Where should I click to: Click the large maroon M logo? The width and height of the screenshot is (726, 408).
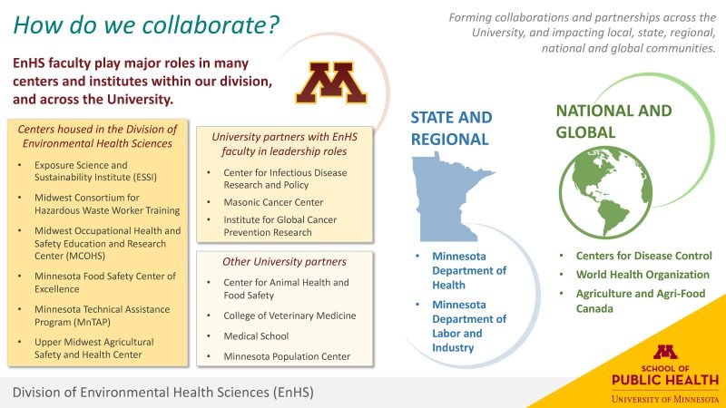pyautogui.click(x=331, y=83)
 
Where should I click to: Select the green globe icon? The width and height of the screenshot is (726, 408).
pyautogui.click(x=605, y=192)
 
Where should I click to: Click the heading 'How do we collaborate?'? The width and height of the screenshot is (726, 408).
pyautogui.click(x=146, y=25)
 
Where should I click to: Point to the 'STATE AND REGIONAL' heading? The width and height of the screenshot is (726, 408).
pyautogui.click(x=451, y=128)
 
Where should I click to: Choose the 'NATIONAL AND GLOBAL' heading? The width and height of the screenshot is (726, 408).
pyautogui.click(x=613, y=121)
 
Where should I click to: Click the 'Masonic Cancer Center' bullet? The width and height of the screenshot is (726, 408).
pyautogui.click(x=273, y=202)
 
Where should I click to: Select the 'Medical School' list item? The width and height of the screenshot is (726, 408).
pyautogui.click(x=256, y=336)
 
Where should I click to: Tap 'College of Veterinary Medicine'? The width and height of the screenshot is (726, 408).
pyautogui.click(x=289, y=316)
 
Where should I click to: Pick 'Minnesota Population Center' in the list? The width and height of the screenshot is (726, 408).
pyautogui.click(x=287, y=356)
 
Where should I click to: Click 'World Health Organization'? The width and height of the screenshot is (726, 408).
pyautogui.click(x=643, y=275)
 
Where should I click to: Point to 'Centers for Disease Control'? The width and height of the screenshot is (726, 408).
pyautogui.click(x=644, y=256)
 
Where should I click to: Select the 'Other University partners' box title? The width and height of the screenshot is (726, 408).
pyautogui.click(x=284, y=262)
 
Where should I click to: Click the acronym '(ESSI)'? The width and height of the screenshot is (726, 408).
pyautogui.click(x=145, y=178)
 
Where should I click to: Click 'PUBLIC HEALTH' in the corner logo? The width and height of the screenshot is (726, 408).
pyautogui.click(x=665, y=380)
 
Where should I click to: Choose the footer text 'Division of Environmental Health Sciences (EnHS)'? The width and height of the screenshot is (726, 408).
pyautogui.click(x=163, y=393)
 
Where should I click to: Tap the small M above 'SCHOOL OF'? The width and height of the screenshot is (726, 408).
pyautogui.click(x=665, y=353)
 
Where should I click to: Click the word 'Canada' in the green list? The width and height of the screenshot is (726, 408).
pyautogui.click(x=594, y=308)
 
